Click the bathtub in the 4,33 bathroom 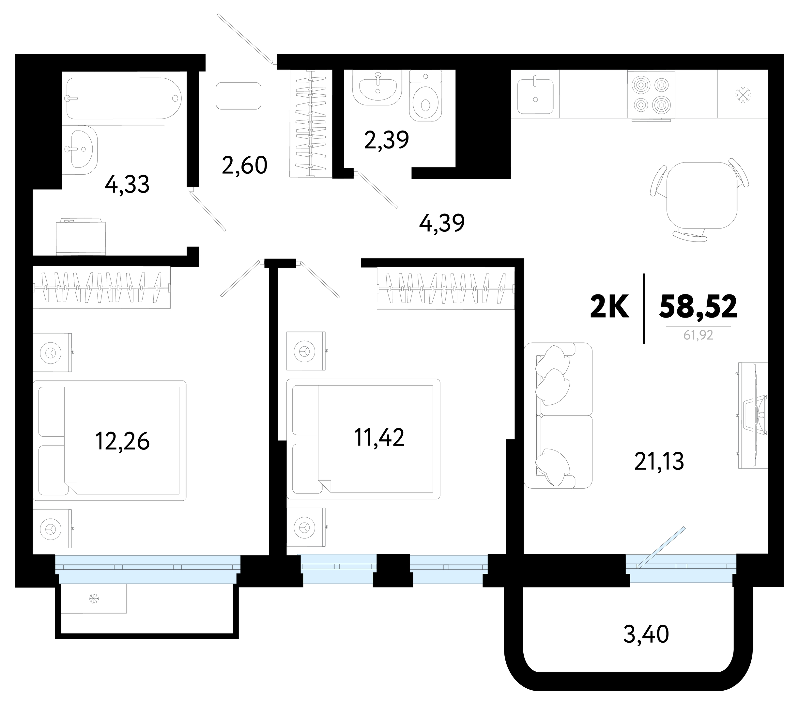124,98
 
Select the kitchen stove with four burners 651,95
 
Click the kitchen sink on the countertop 535,96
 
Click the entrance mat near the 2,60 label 238,96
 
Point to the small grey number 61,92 699,335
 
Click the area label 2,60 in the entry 245,165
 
